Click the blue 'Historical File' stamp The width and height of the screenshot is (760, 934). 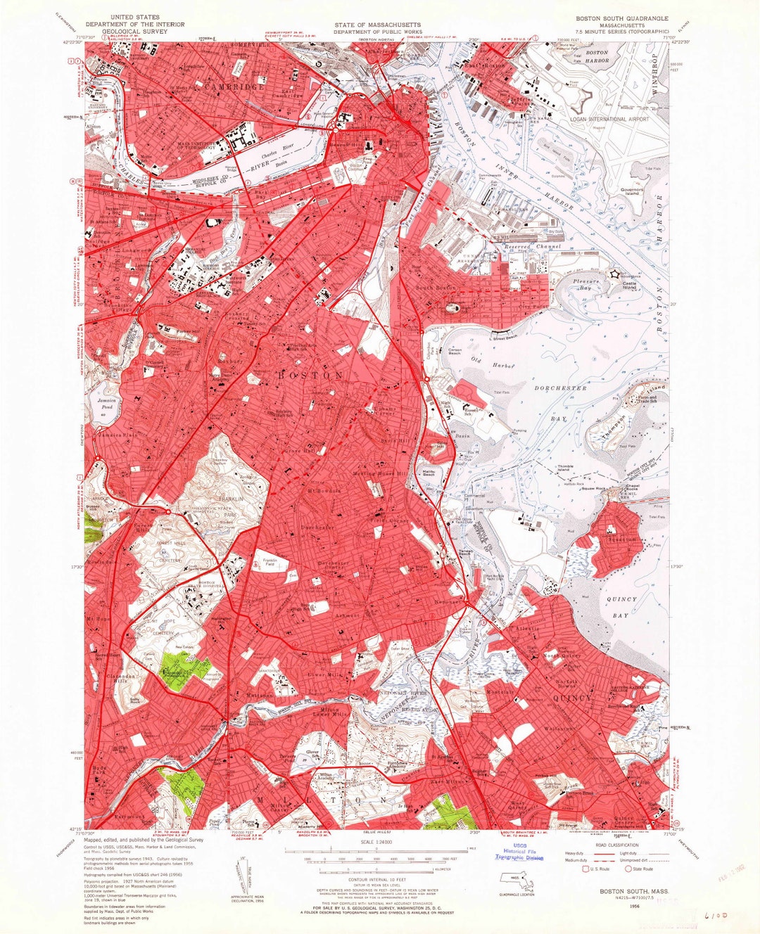519,851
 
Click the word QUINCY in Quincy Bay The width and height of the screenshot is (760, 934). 621,599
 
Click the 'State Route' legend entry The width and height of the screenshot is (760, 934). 643,869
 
